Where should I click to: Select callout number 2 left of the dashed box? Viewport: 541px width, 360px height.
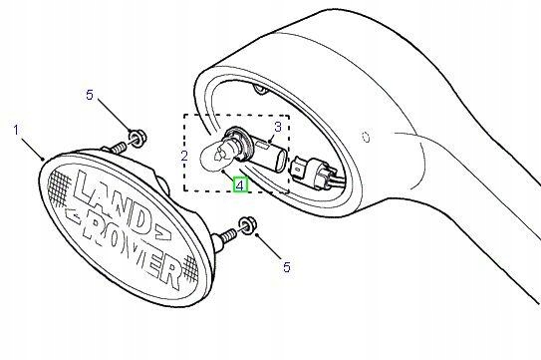tap(183, 157)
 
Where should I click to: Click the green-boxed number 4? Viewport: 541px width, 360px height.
tap(239, 183)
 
